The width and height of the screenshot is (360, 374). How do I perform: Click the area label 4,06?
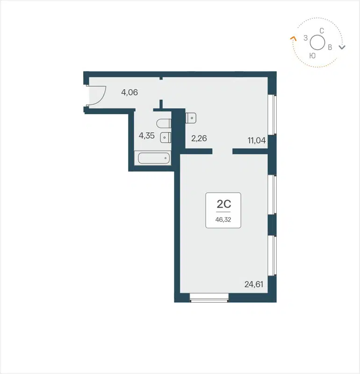point(130,92)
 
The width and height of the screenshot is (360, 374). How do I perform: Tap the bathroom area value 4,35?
point(147,136)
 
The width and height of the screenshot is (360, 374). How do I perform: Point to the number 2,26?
point(199,138)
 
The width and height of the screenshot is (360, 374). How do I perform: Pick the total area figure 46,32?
point(223,218)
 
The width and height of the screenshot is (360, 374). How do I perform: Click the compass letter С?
point(322,30)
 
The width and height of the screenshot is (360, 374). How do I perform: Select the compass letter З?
point(305,38)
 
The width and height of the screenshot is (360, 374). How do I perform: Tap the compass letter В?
point(330,47)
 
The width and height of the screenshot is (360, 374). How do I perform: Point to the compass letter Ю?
point(312,55)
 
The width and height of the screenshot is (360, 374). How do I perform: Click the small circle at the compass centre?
point(317,43)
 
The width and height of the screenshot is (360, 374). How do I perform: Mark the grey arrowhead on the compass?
point(342,47)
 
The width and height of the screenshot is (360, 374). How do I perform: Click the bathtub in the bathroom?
point(152,158)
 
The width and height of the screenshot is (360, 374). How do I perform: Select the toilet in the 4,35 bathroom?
point(163,124)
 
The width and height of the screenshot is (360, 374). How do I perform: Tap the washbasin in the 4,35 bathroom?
point(166,137)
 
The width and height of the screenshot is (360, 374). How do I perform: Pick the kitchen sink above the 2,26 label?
point(191,117)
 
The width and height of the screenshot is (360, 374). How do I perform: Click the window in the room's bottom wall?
point(209,296)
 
